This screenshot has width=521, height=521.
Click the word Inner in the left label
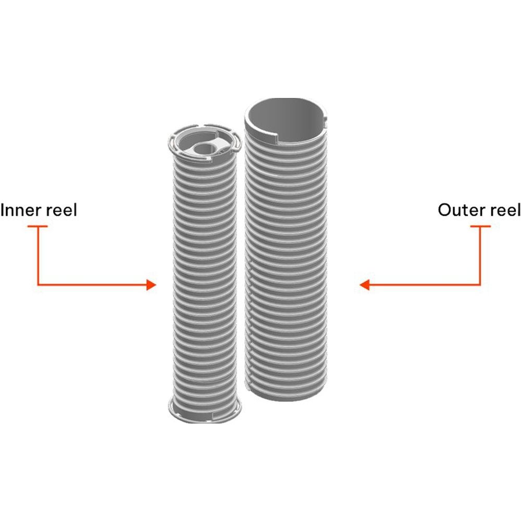(x=20, y=210)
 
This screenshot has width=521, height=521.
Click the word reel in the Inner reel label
(x=61, y=210)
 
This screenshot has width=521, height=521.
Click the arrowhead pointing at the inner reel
(x=151, y=285)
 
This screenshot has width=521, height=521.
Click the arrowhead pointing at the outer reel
(x=365, y=285)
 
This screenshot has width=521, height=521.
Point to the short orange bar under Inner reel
(x=38, y=226)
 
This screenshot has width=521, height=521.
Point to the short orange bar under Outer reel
(x=480, y=226)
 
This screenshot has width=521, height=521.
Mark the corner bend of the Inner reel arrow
(x=38, y=285)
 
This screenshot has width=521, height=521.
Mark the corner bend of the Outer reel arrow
(x=480, y=285)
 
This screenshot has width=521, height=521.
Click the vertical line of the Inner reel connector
(x=38, y=255)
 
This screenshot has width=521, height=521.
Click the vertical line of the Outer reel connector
(x=480, y=255)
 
